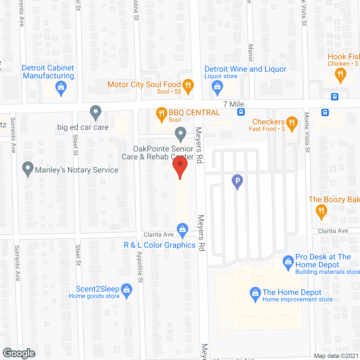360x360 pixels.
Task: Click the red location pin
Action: point(180,166)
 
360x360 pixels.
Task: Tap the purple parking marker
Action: point(237,181)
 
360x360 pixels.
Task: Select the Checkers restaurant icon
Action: point(292,123)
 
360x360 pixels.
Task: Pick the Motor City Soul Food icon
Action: point(188,85)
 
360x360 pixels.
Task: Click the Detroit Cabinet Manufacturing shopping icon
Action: point(61,87)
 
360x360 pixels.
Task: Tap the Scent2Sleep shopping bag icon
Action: point(127,290)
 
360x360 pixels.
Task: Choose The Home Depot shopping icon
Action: point(255,293)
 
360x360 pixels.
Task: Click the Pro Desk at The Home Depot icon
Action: point(288,262)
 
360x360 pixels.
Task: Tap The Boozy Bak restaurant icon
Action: point(321,211)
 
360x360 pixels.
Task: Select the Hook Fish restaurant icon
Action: point(340,75)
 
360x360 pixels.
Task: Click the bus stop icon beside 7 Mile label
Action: point(241,112)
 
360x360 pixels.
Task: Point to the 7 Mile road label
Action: point(233,104)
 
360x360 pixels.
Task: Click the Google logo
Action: point(19,353)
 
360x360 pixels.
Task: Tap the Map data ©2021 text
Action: point(336,356)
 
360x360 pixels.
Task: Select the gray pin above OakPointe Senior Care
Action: point(181,134)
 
